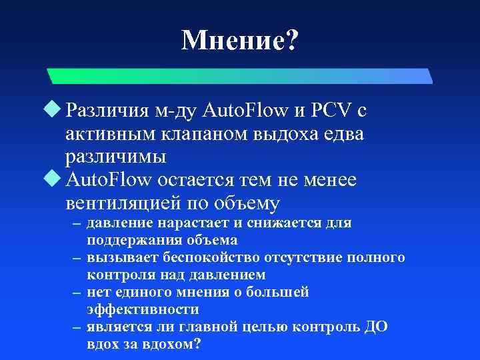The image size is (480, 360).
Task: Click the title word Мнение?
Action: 240,41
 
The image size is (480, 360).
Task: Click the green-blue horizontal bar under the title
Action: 240,75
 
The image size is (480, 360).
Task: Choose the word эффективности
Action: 143,309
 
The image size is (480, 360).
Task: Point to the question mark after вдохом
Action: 197,344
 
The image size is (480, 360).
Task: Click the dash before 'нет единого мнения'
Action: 77,293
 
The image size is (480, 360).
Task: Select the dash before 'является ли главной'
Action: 77,327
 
